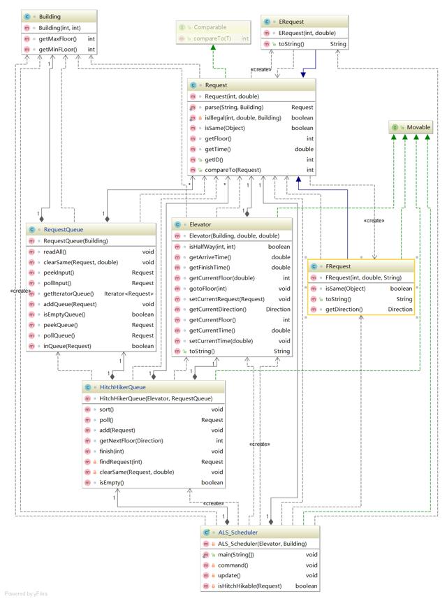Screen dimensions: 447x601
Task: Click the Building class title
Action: coord(50,17)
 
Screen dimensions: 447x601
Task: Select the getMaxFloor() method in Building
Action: coord(57,38)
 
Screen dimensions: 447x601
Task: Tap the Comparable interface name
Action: coord(210,27)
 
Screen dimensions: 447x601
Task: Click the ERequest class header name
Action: coord(291,22)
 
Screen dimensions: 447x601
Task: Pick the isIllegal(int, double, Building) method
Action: coord(243,117)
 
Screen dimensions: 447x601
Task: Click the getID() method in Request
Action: coord(214,159)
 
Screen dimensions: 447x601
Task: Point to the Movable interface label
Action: coord(418,127)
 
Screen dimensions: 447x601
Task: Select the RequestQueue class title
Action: coord(63,230)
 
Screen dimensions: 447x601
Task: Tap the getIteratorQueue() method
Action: coord(68,294)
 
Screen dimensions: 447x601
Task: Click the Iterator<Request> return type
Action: coord(129,294)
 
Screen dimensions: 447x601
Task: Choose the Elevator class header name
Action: coord(200,224)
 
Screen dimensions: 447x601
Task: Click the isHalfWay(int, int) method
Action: coord(212,247)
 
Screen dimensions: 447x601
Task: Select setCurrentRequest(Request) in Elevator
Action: coord(227,299)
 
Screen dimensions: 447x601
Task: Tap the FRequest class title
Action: coord(338,266)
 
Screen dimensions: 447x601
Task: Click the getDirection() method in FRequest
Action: coord(344,310)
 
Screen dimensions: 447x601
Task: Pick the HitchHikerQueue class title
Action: coord(122,387)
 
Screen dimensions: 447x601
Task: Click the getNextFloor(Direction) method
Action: coord(131,441)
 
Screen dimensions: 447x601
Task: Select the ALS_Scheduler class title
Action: coord(238,533)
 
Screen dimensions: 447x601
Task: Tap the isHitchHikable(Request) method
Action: coord(250,586)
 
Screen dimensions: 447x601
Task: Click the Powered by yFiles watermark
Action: coord(26,594)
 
